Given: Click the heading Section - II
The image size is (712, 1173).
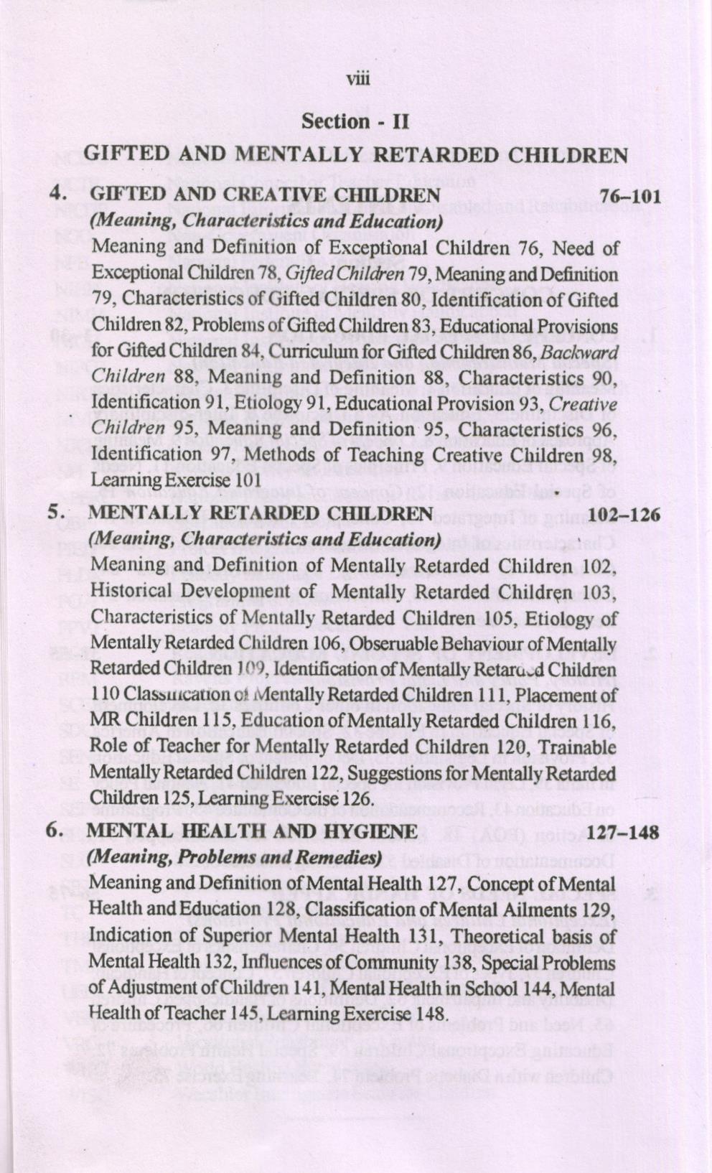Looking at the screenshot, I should click(x=355, y=121).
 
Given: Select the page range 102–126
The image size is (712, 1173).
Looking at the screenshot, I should click(x=624, y=514).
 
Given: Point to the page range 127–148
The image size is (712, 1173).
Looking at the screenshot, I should click(x=622, y=833).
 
